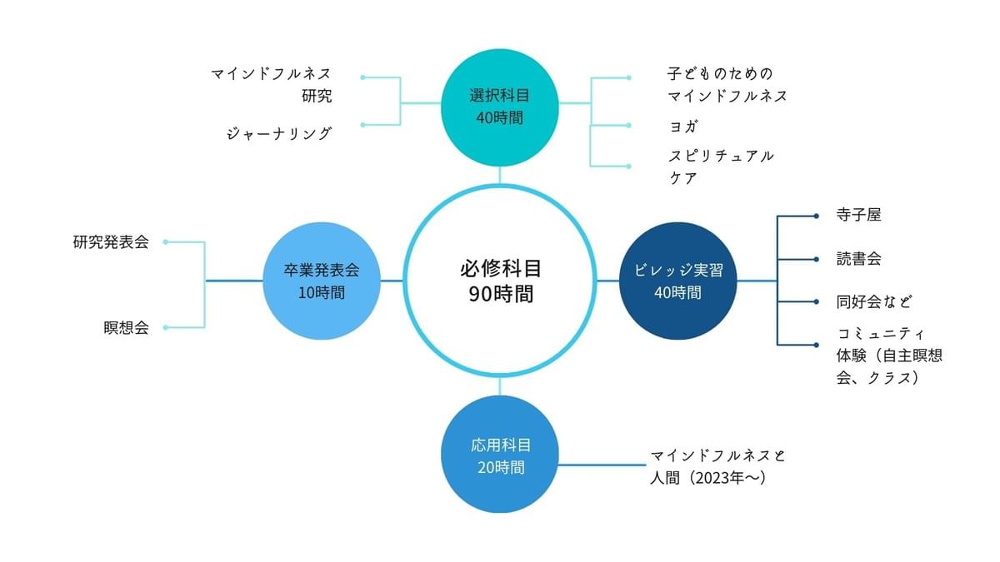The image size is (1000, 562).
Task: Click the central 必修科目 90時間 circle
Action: click(x=500, y=281)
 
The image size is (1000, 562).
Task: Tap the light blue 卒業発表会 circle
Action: click(x=321, y=281)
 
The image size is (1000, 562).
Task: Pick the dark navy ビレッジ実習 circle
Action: click(x=678, y=281)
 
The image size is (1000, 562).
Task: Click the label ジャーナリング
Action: click(x=280, y=133)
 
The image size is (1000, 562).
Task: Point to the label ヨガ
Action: click(x=683, y=127)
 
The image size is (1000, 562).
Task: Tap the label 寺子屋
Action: click(x=858, y=215)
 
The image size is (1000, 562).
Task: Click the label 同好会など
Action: click(x=878, y=301)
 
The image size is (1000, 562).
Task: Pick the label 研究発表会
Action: click(x=111, y=242)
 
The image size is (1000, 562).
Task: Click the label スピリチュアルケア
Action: click(x=721, y=167)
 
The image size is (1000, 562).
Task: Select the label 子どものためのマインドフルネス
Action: click(x=727, y=84)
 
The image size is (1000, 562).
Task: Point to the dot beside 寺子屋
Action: click(x=816, y=216)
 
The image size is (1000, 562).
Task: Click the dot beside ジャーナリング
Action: click(x=363, y=125)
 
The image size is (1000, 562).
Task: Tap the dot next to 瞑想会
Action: click(x=166, y=327)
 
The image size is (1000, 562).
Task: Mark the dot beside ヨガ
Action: click(x=628, y=127)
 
